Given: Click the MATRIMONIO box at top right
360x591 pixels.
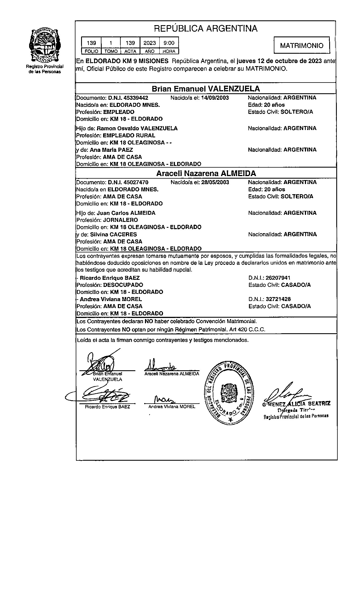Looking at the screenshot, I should [x=302, y=45].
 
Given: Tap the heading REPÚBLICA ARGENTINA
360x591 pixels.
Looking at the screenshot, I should [x=206, y=29].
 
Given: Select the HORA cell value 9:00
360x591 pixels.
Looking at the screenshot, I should [x=169, y=43].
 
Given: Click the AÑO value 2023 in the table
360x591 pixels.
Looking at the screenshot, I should [x=149, y=43].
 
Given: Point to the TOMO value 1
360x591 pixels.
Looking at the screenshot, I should [x=111, y=43].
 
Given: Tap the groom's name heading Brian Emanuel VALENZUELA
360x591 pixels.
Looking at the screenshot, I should [x=206, y=89].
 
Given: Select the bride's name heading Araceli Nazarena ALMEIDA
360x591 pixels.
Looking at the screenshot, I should [x=206, y=173].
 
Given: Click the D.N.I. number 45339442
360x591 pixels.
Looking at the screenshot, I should [x=136, y=98].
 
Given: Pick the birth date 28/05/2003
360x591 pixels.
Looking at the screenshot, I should [x=215, y=182].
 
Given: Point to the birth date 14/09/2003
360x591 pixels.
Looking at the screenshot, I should [x=215, y=98].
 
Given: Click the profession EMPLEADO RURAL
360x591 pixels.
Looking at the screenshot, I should [x=129, y=135].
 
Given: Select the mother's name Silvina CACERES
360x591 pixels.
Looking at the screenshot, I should [x=113, y=234].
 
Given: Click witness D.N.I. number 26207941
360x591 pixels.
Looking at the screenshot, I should [x=278, y=278].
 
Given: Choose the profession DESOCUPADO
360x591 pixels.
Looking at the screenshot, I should [x=123, y=285].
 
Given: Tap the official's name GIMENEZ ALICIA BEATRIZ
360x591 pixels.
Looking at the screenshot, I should [x=296, y=404].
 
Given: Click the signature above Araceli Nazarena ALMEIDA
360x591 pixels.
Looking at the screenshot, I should [x=160, y=366].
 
